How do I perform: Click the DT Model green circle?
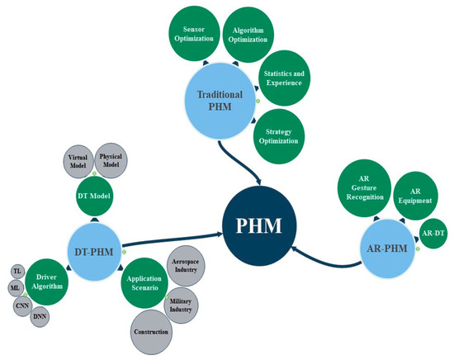pos(93,198)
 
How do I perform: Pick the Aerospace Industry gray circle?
pos(185,264)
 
